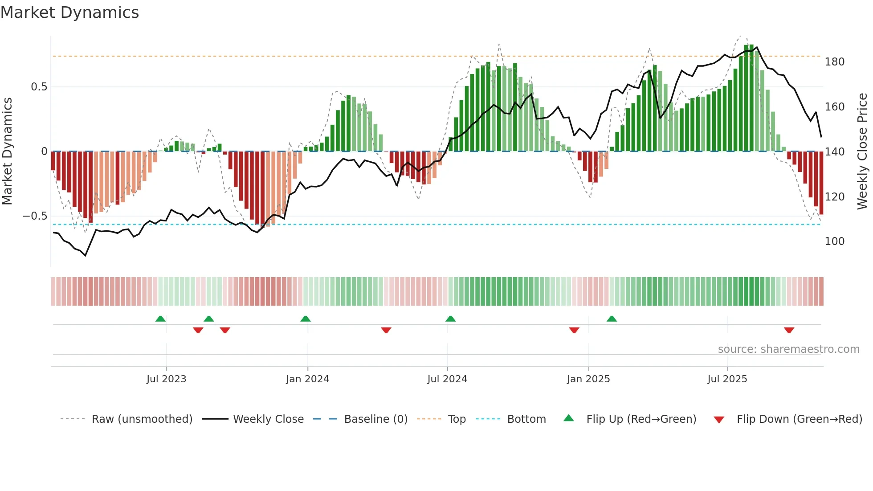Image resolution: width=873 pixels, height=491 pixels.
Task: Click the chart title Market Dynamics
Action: (x=69, y=12)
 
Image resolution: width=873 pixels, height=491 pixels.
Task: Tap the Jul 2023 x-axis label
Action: (x=166, y=379)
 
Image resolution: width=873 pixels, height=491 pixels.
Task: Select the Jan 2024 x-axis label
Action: (x=307, y=379)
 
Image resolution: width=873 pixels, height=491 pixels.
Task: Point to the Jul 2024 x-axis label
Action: (x=447, y=379)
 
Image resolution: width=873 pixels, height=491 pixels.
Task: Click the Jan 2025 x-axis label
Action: (x=588, y=379)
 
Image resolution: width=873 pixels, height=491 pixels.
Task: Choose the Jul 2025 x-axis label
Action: (x=727, y=379)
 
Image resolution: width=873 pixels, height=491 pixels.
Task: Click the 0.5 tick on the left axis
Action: (x=39, y=87)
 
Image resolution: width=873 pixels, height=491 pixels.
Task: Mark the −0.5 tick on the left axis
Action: (x=35, y=216)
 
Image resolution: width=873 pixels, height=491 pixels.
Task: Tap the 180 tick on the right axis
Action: (x=834, y=62)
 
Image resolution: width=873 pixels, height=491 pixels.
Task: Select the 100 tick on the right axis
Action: (x=834, y=241)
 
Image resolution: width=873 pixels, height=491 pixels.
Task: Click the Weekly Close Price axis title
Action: (x=863, y=151)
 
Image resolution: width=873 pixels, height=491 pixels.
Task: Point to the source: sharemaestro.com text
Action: (x=788, y=349)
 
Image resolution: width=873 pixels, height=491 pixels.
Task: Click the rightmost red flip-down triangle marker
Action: (x=789, y=330)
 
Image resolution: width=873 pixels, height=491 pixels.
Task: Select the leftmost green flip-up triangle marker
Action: (x=160, y=319)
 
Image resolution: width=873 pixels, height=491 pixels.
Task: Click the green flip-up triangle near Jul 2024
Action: (x=450, y=319)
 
